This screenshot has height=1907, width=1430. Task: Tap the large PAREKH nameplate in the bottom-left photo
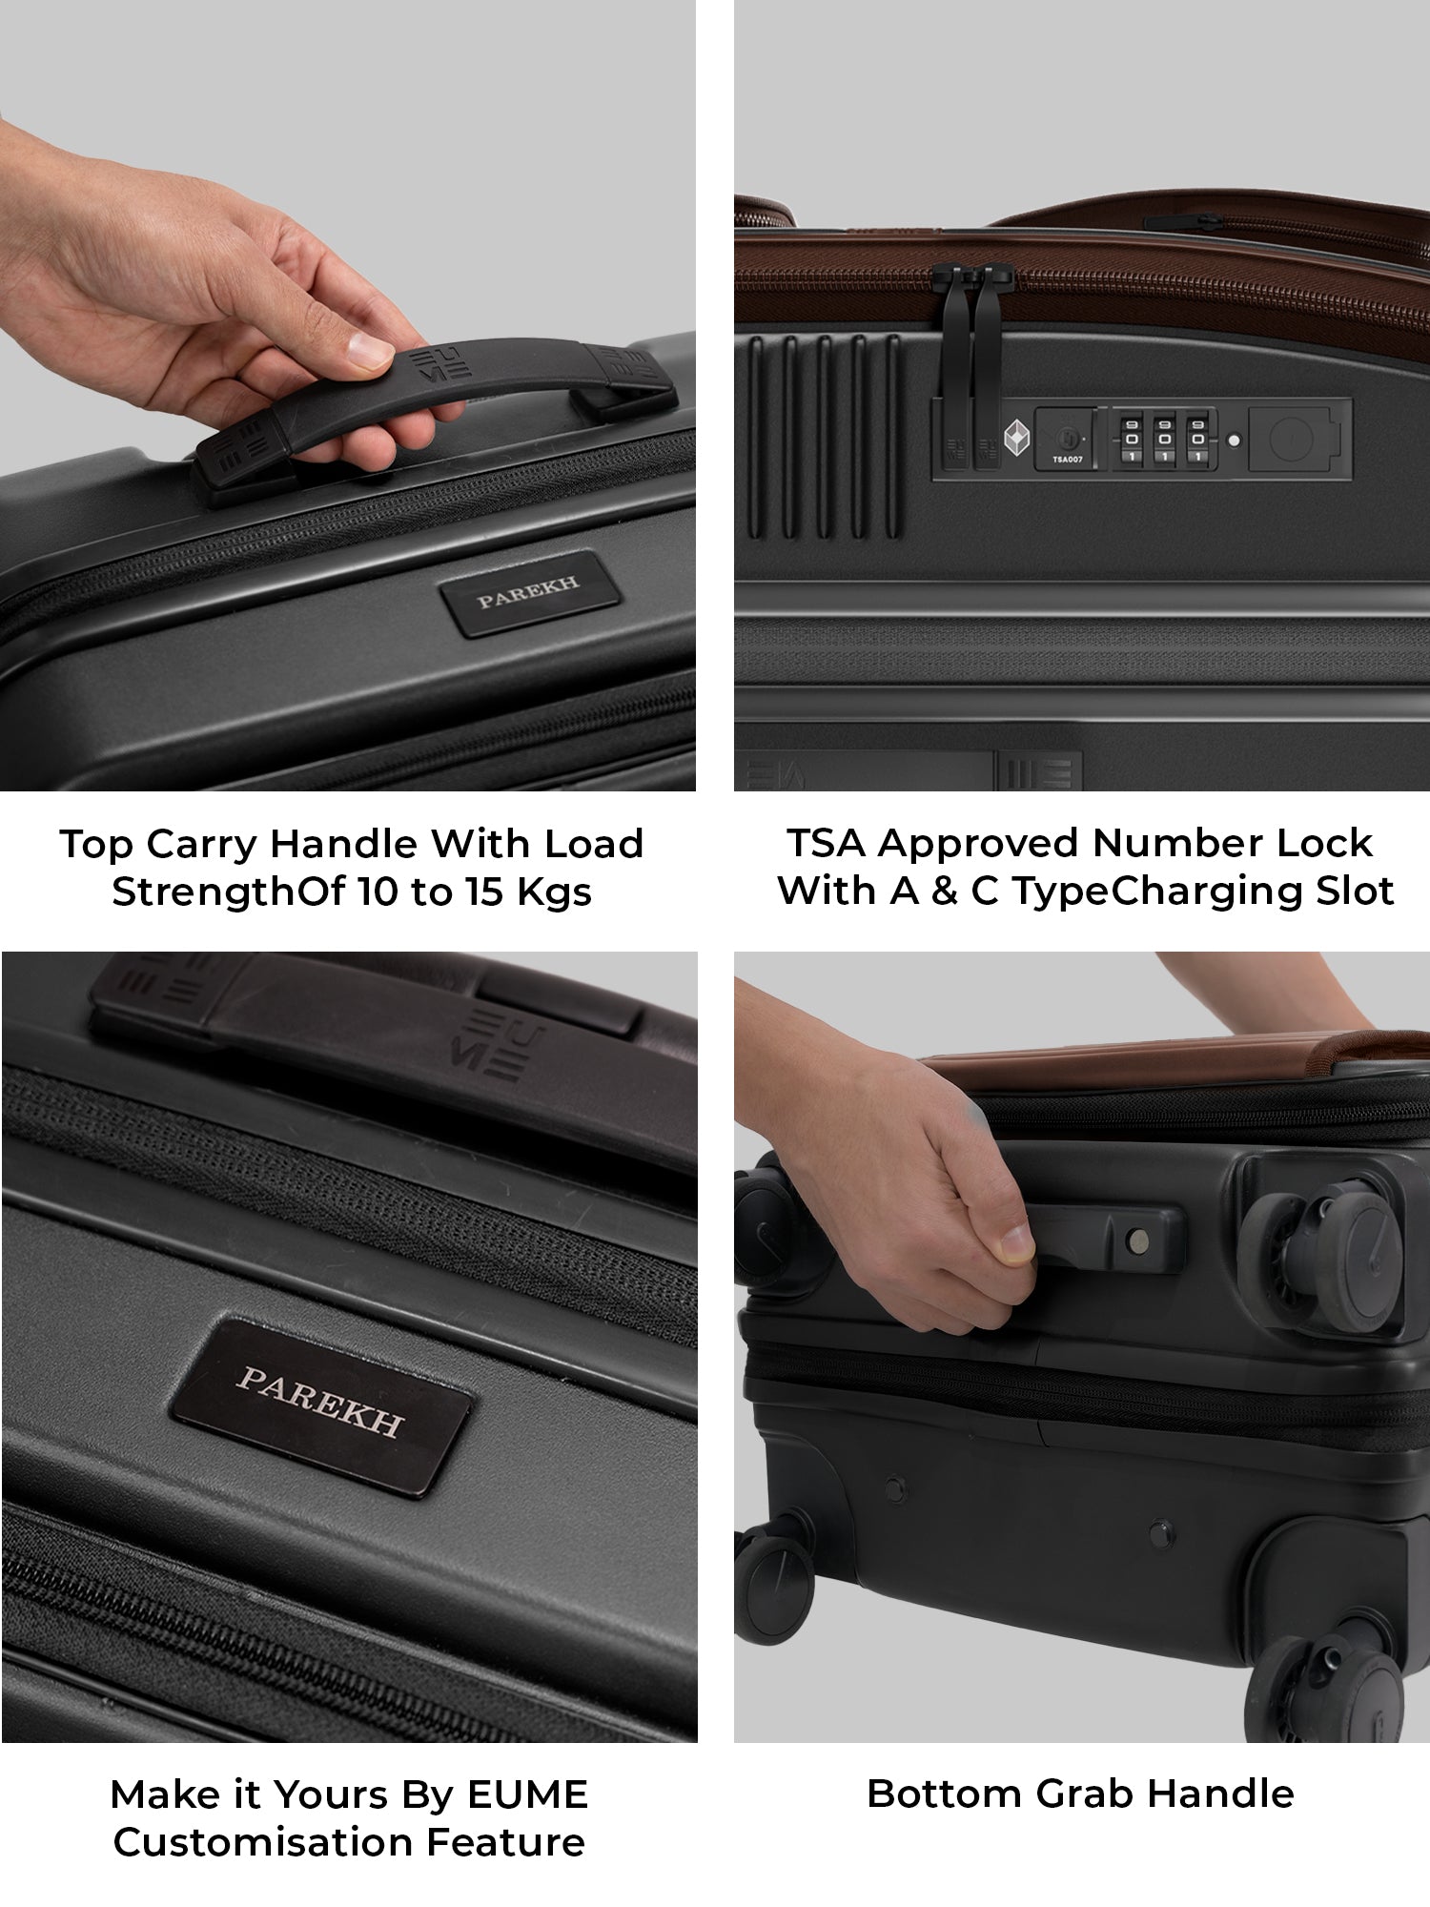click(x=321, y=1407)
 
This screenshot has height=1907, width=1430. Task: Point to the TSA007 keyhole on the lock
click(x=1065, y=441)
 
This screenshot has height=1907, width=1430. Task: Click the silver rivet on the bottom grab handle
click(x=1136, y=1240)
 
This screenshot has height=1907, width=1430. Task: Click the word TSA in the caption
click(x=825, y=843)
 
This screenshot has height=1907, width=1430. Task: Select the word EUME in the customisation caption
click(x=527, y=1794)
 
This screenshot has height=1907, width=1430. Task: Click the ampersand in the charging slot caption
click(x=944, y=891)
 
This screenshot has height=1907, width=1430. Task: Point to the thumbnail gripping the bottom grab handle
click(x=1013, y=1242)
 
